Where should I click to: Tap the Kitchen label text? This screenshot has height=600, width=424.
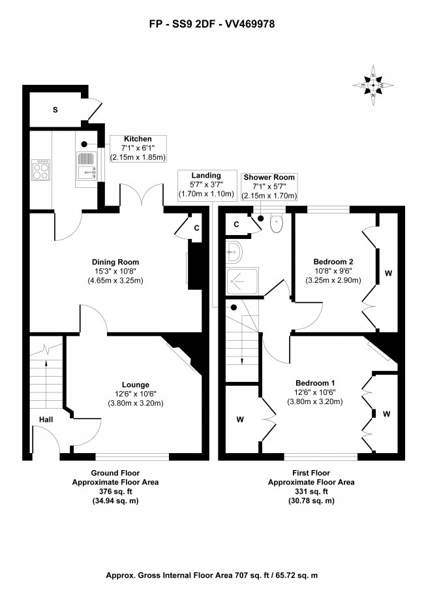tap(138, 139)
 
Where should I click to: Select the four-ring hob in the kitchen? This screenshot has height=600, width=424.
tap(40, 170)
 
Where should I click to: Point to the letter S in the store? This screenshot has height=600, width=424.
tap(55, 110)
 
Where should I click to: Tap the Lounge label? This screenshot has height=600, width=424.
tap(135, 385)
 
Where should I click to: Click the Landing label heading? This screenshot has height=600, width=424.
tap(206, 176)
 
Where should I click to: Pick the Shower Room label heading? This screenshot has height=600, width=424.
tap(269, 177)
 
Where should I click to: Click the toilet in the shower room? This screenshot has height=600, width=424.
tap(276, 224)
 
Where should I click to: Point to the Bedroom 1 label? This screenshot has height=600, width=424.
tap(315, 383)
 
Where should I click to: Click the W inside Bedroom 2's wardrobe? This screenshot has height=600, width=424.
tap(387, 273)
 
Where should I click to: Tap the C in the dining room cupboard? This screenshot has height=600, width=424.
tap(197, 228)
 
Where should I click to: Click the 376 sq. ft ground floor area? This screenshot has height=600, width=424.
tap(115, 491)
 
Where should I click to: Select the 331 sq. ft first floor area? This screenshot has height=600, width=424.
tap(311, 491)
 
